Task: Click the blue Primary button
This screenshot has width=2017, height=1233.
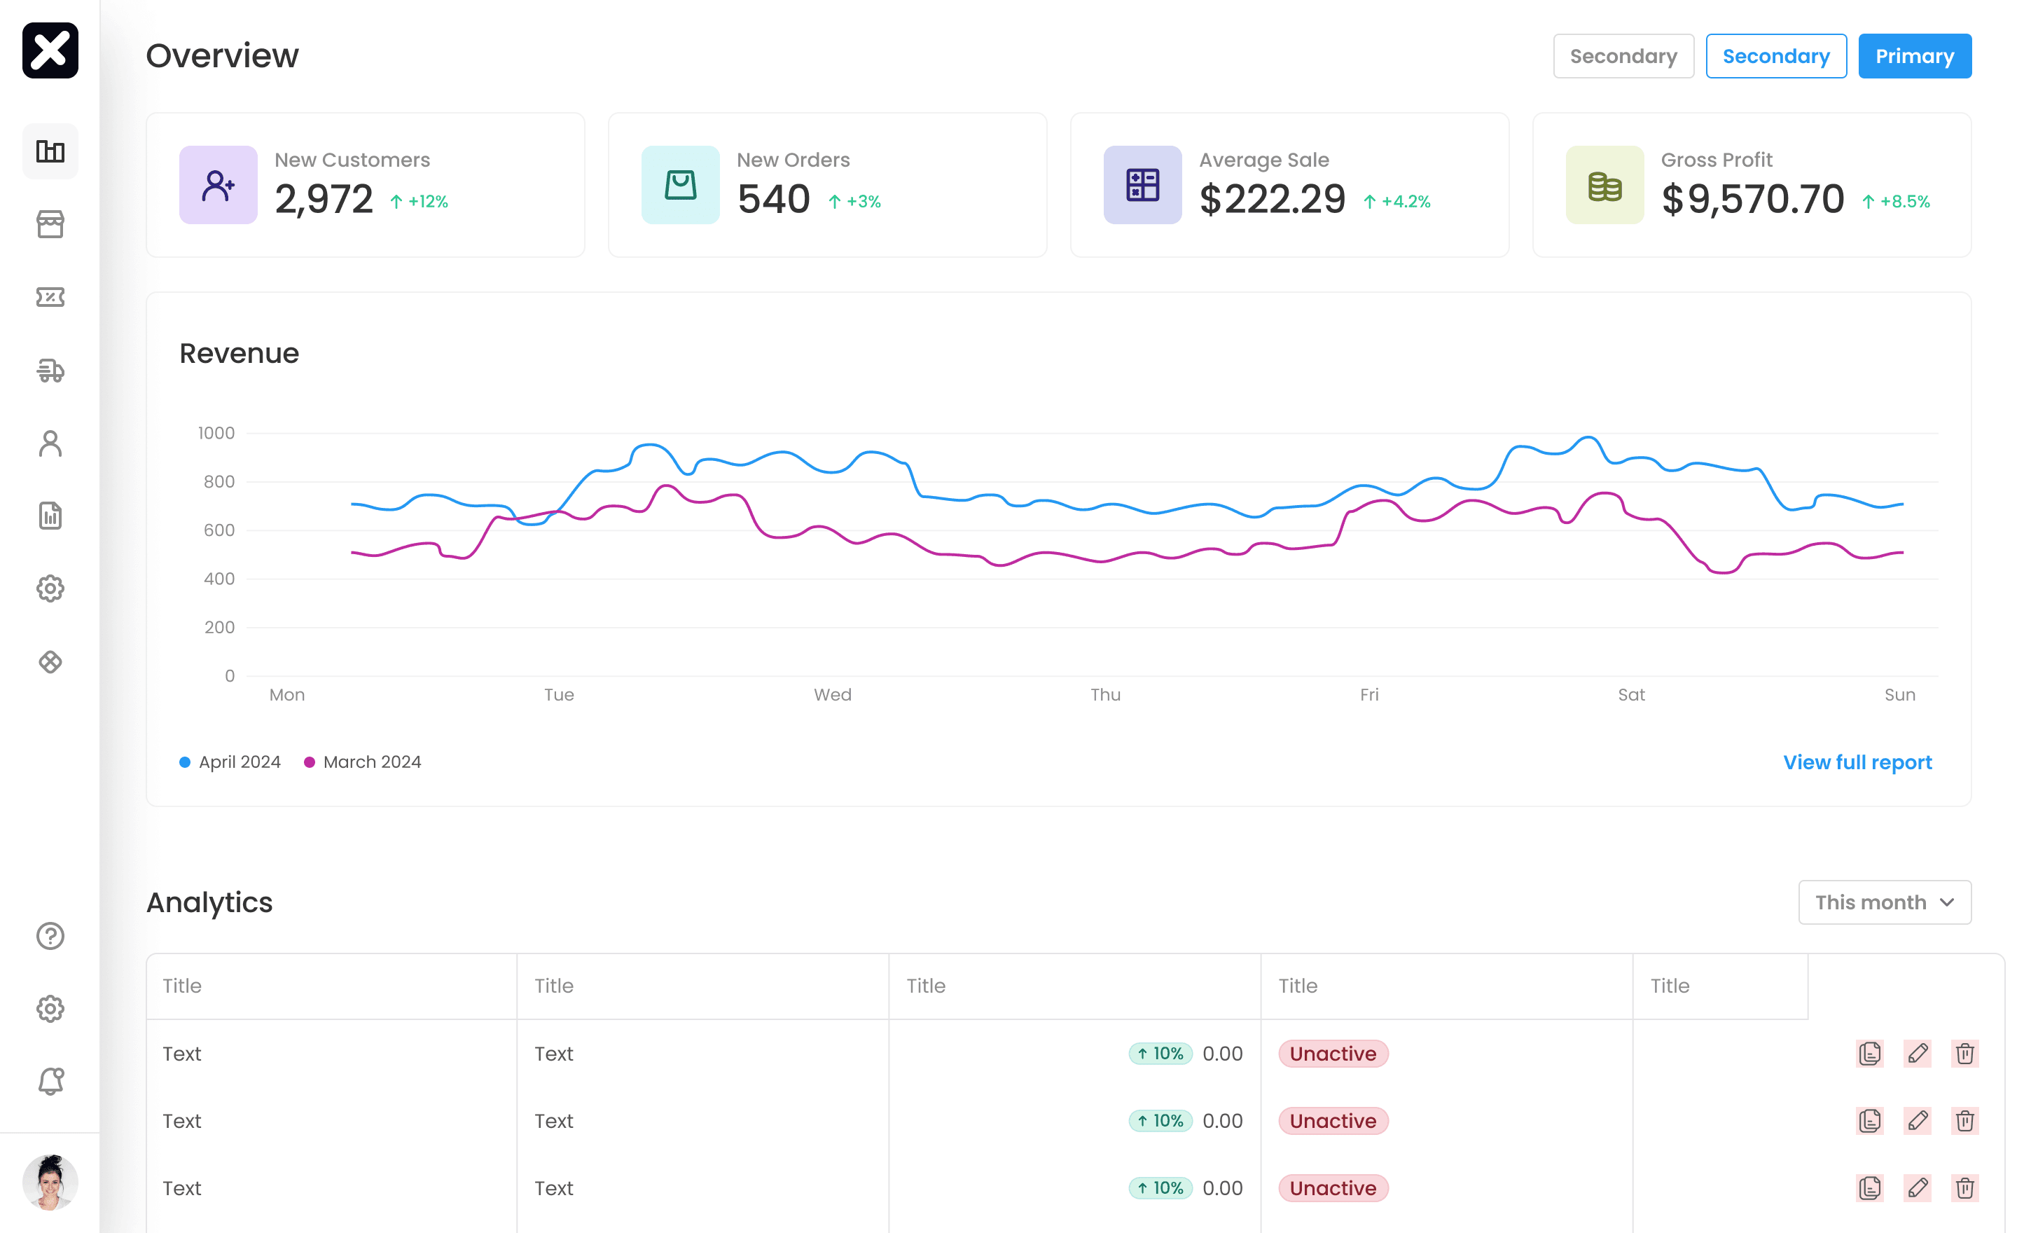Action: coord(1914,55)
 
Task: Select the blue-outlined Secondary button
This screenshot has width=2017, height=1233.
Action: coord(1775,55)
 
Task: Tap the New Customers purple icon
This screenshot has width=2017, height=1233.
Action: coord(218,185)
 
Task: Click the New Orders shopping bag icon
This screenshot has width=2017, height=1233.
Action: coord(679,185)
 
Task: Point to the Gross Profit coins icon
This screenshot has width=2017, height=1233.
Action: coord(1604,185)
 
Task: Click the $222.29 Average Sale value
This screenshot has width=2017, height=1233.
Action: coord(1272,199)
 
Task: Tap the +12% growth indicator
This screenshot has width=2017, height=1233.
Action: coord(419,201)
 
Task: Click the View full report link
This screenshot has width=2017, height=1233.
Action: coord(1857,762)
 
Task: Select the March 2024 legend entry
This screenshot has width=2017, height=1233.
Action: coord(363,762)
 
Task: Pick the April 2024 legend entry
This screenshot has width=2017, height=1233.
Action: coord(230,762)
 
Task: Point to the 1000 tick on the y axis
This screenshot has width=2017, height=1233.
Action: coord(216,433)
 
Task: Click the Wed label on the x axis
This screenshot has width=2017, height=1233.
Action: coord(833,695)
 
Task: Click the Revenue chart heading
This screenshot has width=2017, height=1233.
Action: coord(239,354)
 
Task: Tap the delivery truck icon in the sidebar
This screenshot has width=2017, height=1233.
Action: coord(50,370)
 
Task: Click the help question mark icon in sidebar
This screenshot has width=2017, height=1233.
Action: coord(50,936)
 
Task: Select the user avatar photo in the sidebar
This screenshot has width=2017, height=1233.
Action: coord(50,1183)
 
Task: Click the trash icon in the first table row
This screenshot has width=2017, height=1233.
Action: coord(1964,1054)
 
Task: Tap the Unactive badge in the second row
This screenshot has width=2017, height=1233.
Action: coord(1333,1121)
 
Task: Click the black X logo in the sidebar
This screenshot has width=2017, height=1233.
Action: coord(50,50)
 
